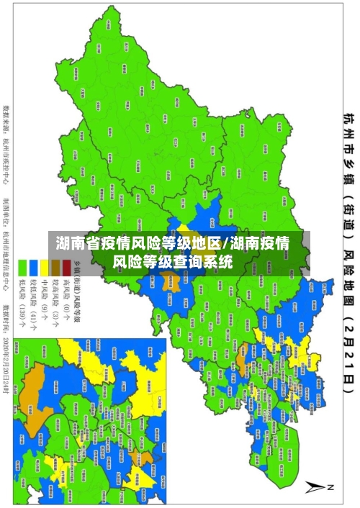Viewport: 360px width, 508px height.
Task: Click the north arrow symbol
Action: pos(318,486)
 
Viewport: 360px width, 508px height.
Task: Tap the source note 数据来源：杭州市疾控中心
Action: pos(6,144)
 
